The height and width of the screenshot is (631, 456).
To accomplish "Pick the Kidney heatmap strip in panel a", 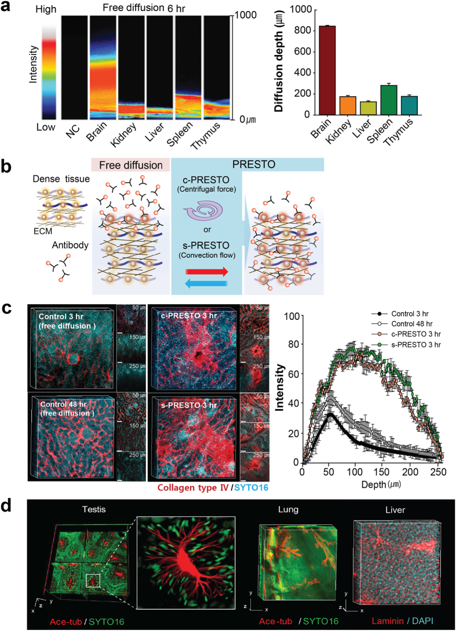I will [131, 67].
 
